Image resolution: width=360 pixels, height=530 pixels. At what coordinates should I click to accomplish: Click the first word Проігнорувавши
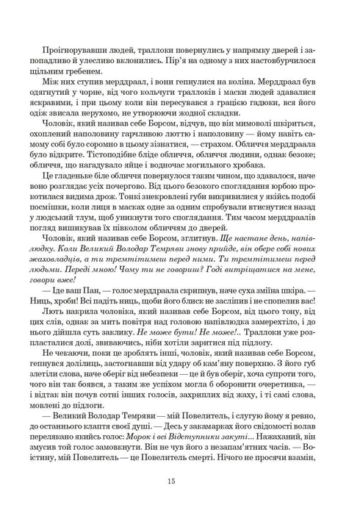(x=71, y=35)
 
